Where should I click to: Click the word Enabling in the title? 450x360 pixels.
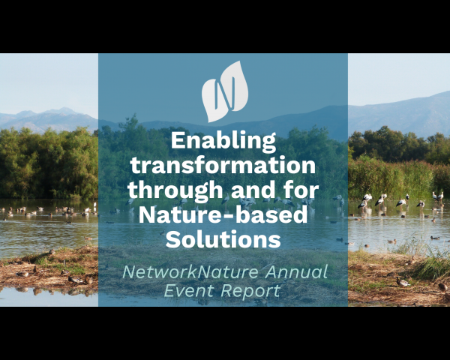(223, 142)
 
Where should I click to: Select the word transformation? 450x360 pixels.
(223, 165)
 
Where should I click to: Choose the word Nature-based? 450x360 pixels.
(223, 214)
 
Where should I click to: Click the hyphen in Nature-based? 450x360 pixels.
(228, 216)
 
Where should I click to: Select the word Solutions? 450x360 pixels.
(223, 239)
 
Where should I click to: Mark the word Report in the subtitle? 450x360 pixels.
(250, 291)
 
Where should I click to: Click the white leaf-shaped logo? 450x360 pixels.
(225, 91)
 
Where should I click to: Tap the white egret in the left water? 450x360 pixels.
(94, 205)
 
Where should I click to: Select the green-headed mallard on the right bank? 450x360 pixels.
(403, 282)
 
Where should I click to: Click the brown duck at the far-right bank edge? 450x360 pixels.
(442, 286)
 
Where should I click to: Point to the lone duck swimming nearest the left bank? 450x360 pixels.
(88, 238)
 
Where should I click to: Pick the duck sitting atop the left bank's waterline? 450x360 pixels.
(52, 251)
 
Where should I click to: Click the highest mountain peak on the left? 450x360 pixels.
(64, 109)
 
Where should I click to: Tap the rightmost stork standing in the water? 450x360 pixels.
(439, 196)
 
